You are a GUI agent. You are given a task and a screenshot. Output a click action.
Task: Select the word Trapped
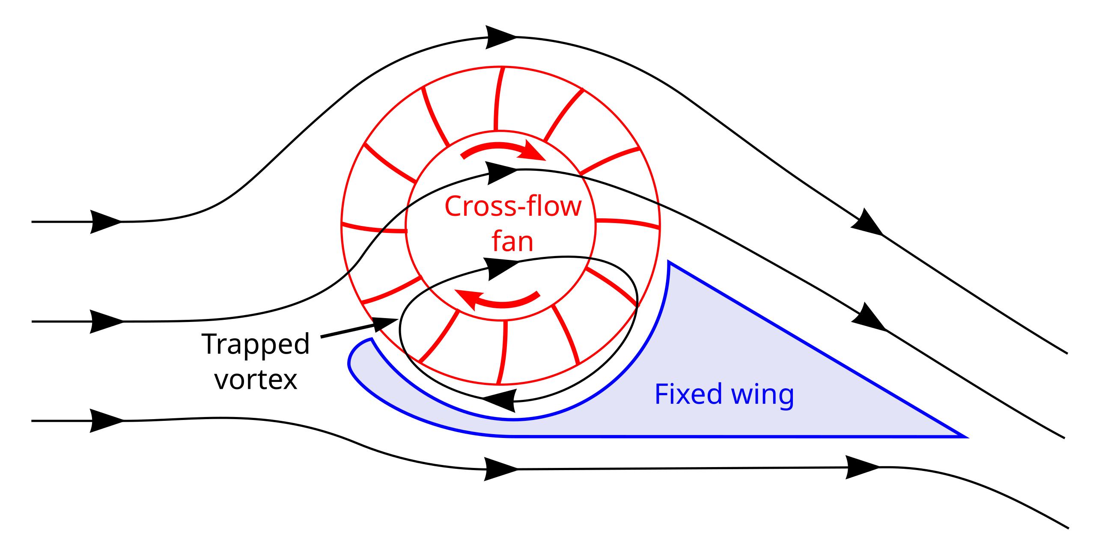[256, 344]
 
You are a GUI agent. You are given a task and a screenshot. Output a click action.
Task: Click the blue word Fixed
[688, 394]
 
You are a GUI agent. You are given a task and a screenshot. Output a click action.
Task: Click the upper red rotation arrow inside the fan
[503, 151]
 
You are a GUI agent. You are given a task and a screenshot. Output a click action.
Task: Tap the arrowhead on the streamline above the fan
[502, 37]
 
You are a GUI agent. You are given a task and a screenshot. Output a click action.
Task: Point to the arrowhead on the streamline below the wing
[501, 469]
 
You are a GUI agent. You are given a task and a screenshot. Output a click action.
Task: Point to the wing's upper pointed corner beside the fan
[669, 262]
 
